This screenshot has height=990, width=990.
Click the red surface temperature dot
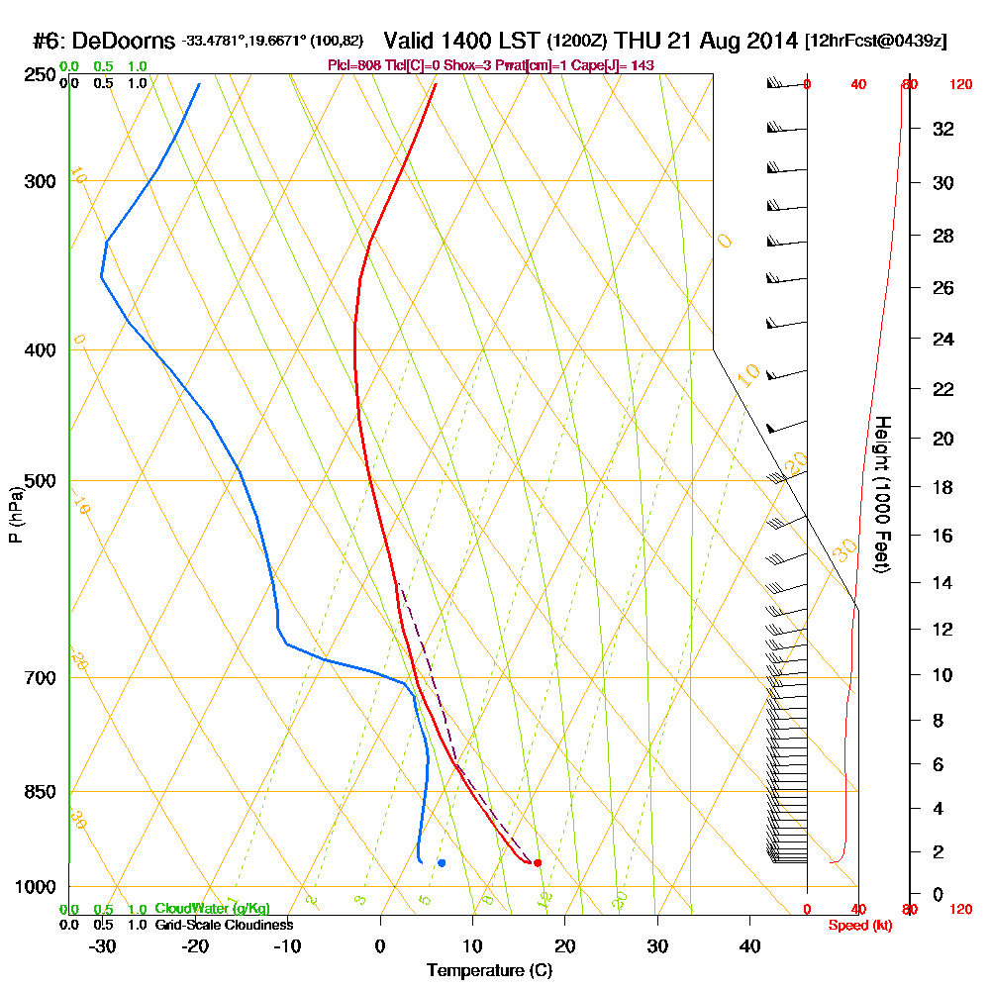[537, 862]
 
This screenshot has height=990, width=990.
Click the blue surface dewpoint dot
[441, 862]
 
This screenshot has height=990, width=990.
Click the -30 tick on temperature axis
[103, 945]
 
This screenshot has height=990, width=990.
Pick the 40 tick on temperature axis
[749, 945]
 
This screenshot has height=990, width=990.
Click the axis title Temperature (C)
[489, 970]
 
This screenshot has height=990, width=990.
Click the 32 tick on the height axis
[942, 129]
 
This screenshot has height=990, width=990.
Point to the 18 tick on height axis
[942, 488]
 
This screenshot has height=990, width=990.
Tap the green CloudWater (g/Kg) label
[212, 909]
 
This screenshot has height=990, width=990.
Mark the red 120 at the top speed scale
[959, 84]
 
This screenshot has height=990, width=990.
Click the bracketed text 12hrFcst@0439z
[877, 42]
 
